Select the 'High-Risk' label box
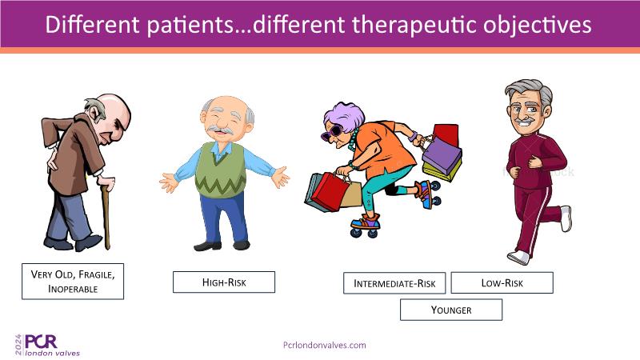click(x=224, y=282)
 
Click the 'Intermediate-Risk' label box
click(x=394, y=283)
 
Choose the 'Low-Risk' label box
click(x=502, y=282)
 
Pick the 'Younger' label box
click(x=451, y=310)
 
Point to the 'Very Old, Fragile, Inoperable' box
click(x=73, y=282)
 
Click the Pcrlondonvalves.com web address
click(x=325, y=345)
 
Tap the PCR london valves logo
click(x=47, y=346)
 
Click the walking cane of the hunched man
click(x=106, y=214)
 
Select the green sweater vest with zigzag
click(x=221, y=170)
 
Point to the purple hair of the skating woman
click(x=345, y=115)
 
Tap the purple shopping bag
click(x=442, y=155)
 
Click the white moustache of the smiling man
click(x=220, y=130)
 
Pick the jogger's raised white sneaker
click(x=566, y=218)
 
